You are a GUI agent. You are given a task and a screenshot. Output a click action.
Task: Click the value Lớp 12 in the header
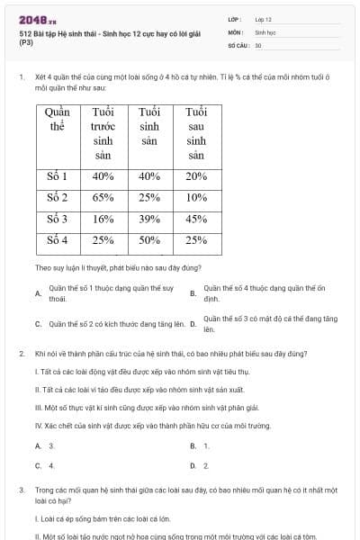tap(263, 18)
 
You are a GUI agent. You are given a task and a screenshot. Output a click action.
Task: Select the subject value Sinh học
tap(265, 31)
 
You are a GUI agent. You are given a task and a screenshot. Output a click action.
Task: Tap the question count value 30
tap(258, 44)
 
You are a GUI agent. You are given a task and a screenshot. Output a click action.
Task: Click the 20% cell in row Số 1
tap(196, 176)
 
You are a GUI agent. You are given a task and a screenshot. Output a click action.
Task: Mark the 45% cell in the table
tap(196, 219)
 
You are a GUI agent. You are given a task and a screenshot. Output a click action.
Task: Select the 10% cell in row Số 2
tap(196, 197)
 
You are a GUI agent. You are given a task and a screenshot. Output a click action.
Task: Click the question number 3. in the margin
tap(22, 490)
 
